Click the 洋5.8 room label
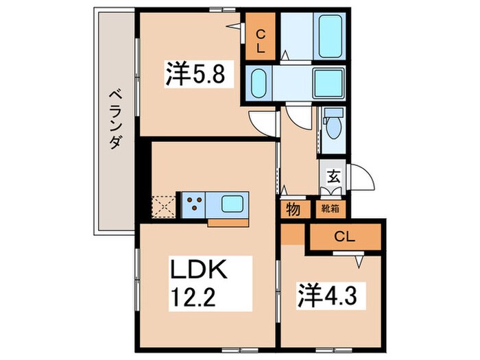[x=194, y=74]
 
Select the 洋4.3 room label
[x=330, y=296]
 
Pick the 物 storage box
[x=293, y=209]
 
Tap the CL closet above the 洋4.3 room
[x=345, y=238]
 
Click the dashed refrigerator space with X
[x=165, y=205]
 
